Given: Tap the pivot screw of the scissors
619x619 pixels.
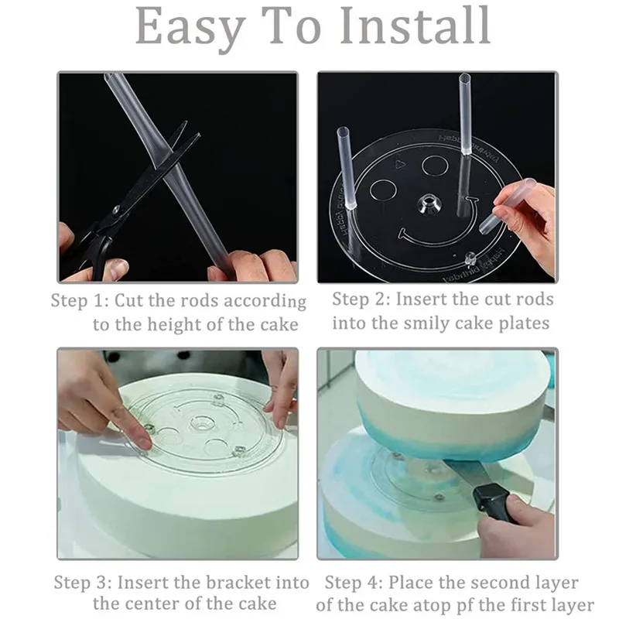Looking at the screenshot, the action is (x=117, y=209).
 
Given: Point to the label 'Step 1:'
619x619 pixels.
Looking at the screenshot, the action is (x=80, y=300).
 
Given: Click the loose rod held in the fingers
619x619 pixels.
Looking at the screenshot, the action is (x=508, y=205).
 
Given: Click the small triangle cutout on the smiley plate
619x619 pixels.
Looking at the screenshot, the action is (x=400, y=164).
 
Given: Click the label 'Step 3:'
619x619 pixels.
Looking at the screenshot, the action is (x=83, y=583).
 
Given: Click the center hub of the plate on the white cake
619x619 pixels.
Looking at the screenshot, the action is (x=203, y=424).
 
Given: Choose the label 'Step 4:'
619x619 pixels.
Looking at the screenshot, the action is (x=354, y=583).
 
